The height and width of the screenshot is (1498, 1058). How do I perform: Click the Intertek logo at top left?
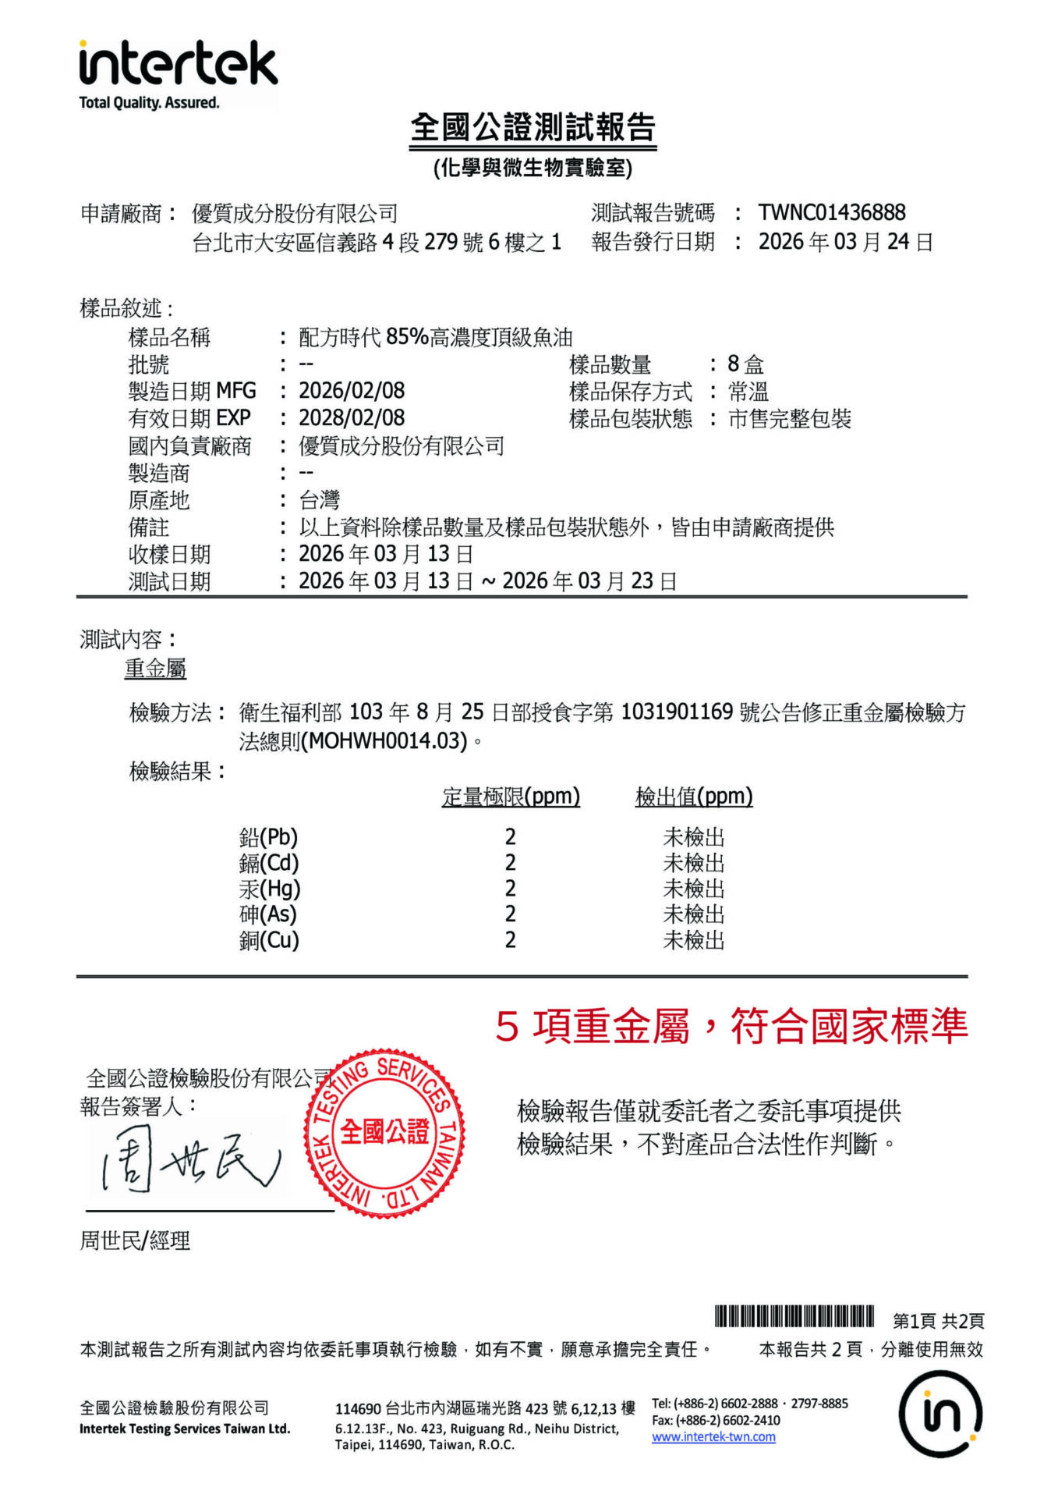point(178,74)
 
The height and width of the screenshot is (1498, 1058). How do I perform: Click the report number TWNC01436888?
point(831,212)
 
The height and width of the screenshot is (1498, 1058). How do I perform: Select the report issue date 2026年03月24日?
point(845,242)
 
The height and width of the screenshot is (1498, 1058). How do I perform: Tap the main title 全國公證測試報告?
point(533,127)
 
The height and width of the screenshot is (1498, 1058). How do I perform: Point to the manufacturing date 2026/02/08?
point(352,391)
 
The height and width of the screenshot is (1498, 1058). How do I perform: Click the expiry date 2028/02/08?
point(352,418)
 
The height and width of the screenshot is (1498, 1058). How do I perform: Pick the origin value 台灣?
point(319,500)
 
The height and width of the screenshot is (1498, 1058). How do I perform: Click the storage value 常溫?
point(748,392)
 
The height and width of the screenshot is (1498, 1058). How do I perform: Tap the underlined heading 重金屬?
point(155,669)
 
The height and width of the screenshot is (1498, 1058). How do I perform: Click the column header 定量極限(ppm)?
point(511,797)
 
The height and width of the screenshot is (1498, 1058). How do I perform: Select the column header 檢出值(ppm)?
point(694,797)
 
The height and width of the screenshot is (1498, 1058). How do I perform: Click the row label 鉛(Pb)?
point(268,837)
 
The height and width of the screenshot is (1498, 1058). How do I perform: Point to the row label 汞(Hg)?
point(269,889)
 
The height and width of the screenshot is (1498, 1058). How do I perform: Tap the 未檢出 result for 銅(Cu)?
point(693,940)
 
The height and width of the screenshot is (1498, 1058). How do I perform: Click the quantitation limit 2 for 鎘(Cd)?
point(510,863)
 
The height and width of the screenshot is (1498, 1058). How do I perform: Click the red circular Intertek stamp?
point(384,1132)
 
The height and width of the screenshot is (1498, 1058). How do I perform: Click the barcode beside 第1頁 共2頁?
point(794,1316)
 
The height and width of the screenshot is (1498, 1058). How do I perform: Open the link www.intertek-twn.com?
point(713,1437)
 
